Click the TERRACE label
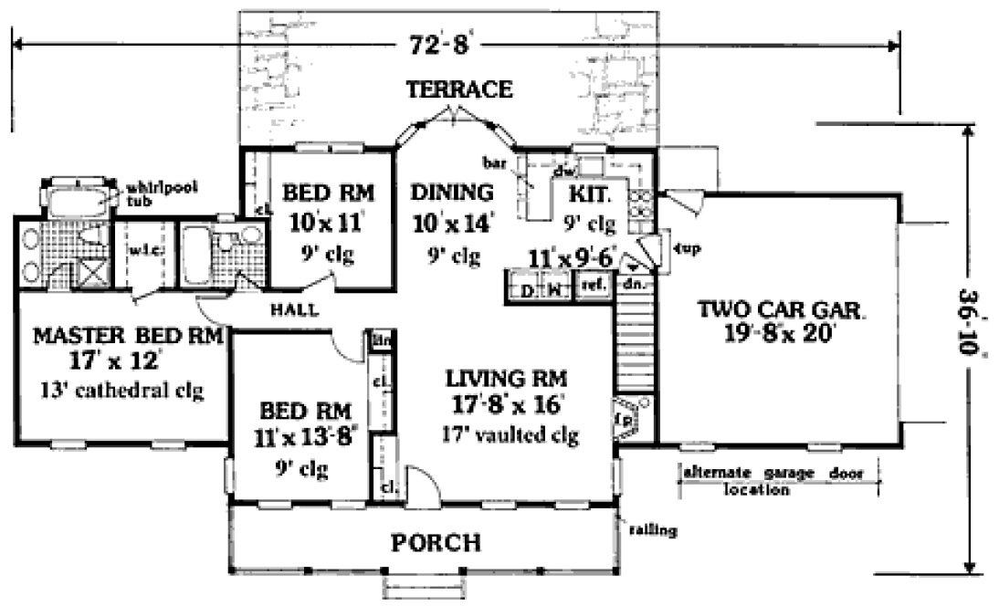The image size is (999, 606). pyautogui.click(x=459, y=89)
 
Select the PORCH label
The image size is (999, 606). pyautogui.click(x=436, y=543)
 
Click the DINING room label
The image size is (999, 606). pyautogui.click(x=451, y=193)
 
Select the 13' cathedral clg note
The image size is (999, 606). pyautogui.click(x=121, y=392)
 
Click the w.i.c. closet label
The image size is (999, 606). pyautogui.click(x=140, y=248)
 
